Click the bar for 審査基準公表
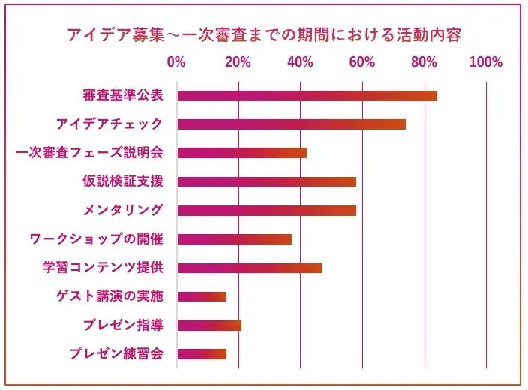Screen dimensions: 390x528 pos(307,95)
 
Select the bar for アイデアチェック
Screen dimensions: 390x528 pos(291,124)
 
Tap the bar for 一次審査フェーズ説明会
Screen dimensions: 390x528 pos(241,153)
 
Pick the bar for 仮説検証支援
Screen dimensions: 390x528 pos(266,181)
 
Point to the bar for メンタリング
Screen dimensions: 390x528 pos(266,210)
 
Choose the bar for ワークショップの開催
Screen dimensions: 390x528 pos(234,239)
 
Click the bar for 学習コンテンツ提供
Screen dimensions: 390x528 pos(250,268)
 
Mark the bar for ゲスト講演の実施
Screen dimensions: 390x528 pos(202,296)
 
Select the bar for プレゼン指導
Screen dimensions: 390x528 pos(209,325)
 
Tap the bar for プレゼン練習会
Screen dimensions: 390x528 pos(202,354)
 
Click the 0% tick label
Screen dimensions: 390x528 pos(176,62)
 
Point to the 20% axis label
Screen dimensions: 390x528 pos(238,62)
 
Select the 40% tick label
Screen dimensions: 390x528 pos(300,62)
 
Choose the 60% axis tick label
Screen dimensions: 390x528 pos(361,62)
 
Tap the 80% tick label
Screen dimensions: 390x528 pos(424,62)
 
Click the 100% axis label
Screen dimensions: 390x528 pos(485,62)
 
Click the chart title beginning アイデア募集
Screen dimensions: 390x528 pos(263,35)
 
